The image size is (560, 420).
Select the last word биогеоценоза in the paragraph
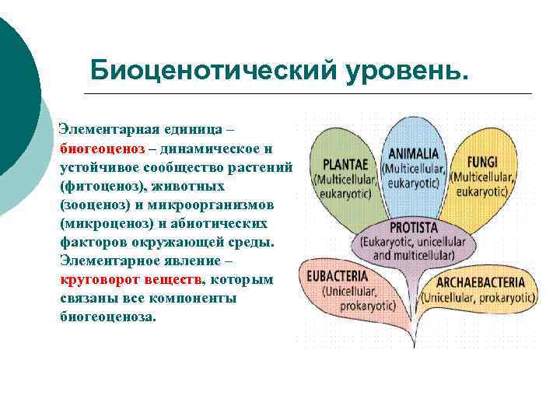[107, 317]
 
